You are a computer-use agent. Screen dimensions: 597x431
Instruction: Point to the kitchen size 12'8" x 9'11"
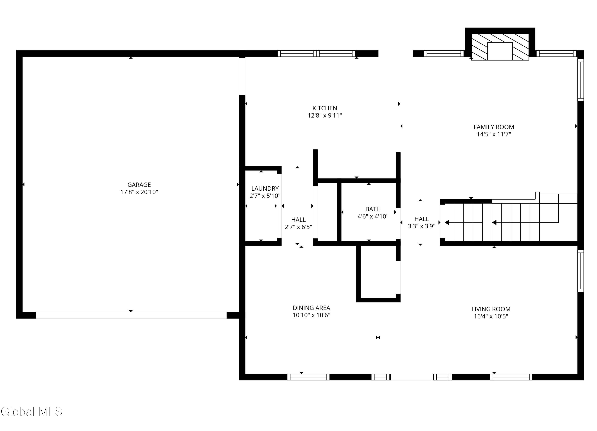(325, 115)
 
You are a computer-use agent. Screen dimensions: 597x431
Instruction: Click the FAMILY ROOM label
(494, 127)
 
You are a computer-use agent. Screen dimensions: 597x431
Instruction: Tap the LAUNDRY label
(265, 188)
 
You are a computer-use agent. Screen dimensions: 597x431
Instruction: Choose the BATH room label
(373, 209)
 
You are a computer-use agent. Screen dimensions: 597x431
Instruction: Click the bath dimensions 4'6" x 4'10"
(373, 216)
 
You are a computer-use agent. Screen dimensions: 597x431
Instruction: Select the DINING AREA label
(311, 308)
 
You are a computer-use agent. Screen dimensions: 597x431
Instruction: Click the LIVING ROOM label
(491, 309)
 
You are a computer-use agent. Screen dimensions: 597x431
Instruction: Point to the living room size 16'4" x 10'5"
(491, 316)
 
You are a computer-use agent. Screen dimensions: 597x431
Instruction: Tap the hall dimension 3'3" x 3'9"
(421, 226)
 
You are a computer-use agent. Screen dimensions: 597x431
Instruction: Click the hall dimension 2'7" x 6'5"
(298, 227)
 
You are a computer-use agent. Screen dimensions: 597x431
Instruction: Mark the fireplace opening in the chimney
(500, 51)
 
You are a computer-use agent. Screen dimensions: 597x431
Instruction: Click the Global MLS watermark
(32, 411)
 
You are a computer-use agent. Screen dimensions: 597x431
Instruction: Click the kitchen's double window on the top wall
(316, 54)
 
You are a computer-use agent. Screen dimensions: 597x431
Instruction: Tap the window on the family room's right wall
(581, 80)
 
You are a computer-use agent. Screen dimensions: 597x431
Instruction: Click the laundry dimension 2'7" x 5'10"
(265, 196)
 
